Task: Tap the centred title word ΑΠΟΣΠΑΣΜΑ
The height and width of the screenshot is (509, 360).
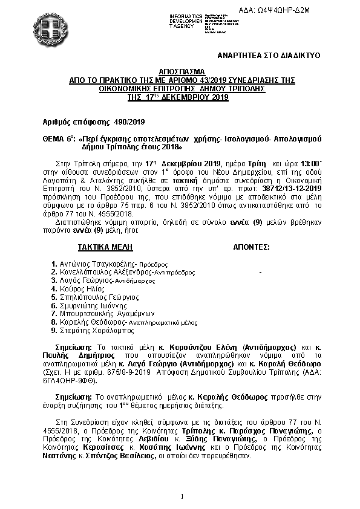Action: (180, 71)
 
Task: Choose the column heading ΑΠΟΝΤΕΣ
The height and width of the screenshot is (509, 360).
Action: (251, 248)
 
